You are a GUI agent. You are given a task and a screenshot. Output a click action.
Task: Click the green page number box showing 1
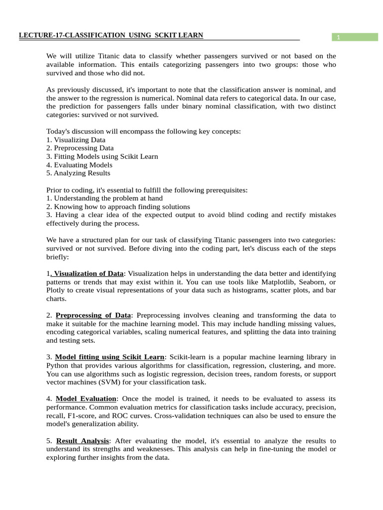click(x=355, y=37)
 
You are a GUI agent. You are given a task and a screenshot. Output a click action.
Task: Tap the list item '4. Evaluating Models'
click(x=79, y=165)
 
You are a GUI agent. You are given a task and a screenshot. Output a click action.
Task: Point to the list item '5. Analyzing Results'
click(x=78, y=173)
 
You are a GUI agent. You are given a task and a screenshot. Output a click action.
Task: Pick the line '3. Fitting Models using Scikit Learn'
click(x=102, y=156)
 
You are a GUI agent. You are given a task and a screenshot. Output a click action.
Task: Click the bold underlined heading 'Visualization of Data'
click(x=88, y=273)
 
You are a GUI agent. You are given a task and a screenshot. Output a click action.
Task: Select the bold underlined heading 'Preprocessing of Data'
click(x=93, y=315)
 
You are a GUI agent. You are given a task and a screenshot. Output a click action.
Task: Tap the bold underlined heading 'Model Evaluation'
click(x=86, y=399)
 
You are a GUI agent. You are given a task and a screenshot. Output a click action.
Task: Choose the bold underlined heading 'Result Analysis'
click(x=82, y=441)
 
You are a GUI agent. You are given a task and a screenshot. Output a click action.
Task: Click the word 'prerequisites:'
click(x=222, y=190)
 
